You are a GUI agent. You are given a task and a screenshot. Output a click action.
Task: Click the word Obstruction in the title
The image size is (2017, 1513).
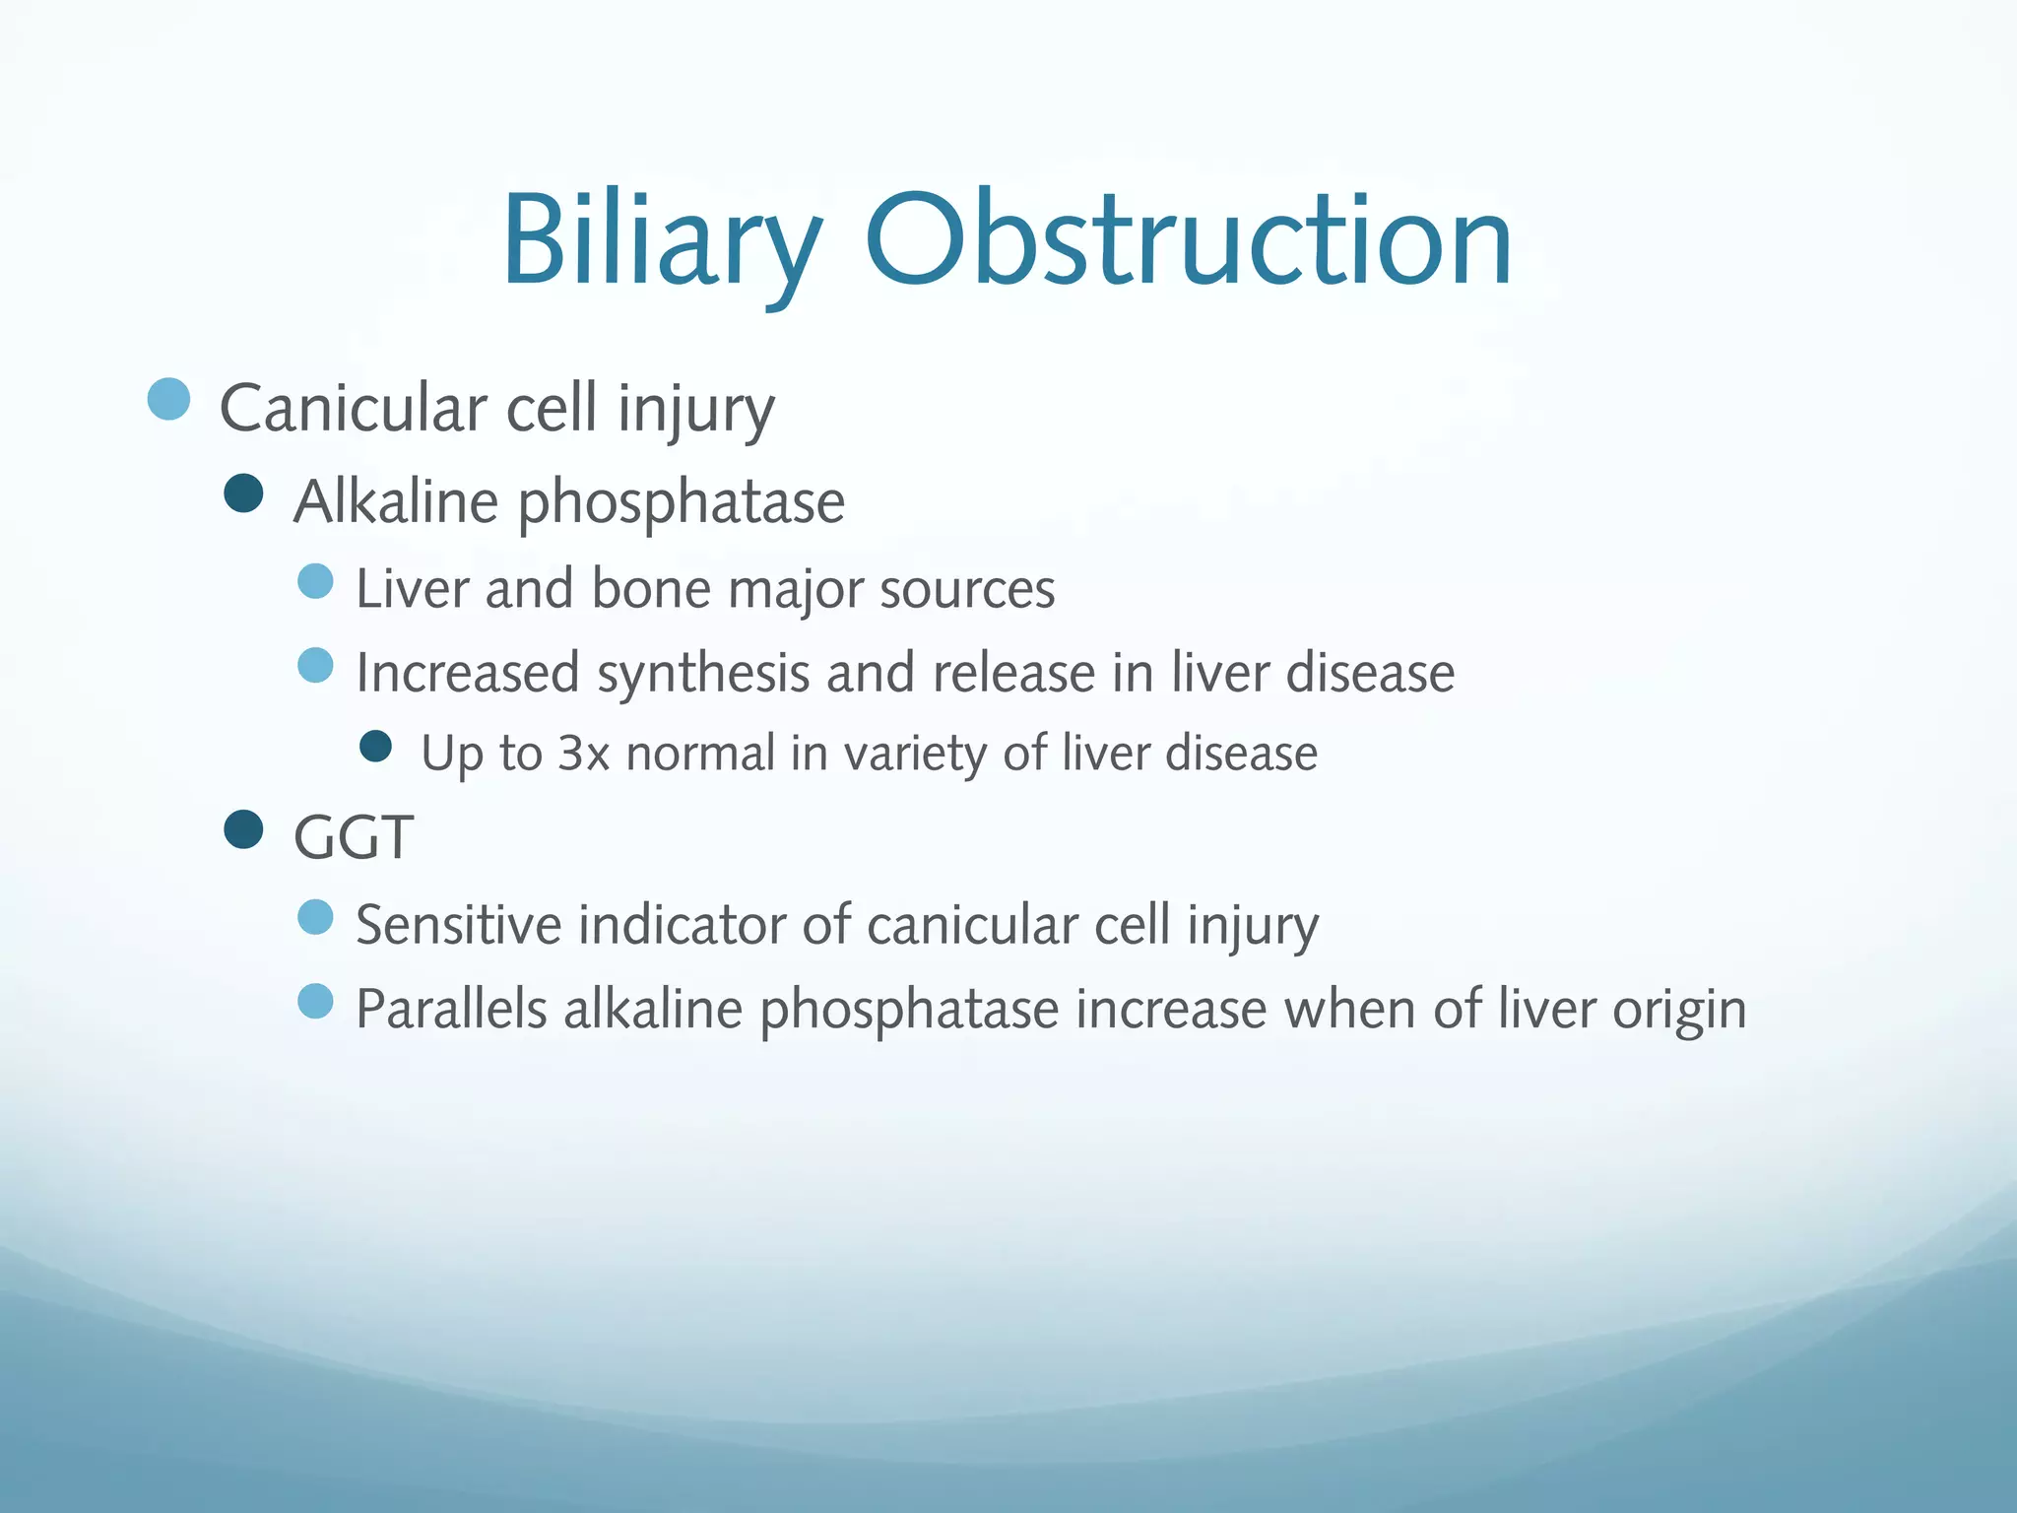click(x=1188, y=241)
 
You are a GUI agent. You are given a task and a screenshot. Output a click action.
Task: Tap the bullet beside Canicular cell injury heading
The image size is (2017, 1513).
click(x=168, y=399)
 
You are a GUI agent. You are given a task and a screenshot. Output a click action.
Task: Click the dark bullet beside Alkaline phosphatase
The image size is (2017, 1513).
click(x=243, y=493)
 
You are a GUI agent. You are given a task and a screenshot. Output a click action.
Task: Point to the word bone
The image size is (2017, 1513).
click(x=650, y=589)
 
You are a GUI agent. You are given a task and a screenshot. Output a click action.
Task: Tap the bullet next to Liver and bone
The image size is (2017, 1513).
click(x=315, y=581)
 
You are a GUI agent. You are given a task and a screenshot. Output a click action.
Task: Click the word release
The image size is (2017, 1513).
click(x=1013, y=674)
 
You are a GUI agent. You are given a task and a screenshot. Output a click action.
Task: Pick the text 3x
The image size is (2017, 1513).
click(x=583, y=754)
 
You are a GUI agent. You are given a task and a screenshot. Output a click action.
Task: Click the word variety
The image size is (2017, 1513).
click(x=915, y=754)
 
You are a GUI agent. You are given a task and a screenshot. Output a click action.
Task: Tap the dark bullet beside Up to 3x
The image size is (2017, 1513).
click(x=376, y=746)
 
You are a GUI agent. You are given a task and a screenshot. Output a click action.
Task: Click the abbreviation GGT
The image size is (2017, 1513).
click(x=354, y=838)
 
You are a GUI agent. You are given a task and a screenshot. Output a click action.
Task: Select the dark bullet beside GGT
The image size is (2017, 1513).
click(x=243, y=829)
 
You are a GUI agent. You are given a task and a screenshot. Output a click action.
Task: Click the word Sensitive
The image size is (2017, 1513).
click(x=458, y=926)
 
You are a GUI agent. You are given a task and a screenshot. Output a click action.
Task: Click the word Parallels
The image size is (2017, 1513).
click(x=451, y=1010)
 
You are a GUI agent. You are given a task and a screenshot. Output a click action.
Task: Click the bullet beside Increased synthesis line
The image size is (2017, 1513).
click(x=315, y=666)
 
